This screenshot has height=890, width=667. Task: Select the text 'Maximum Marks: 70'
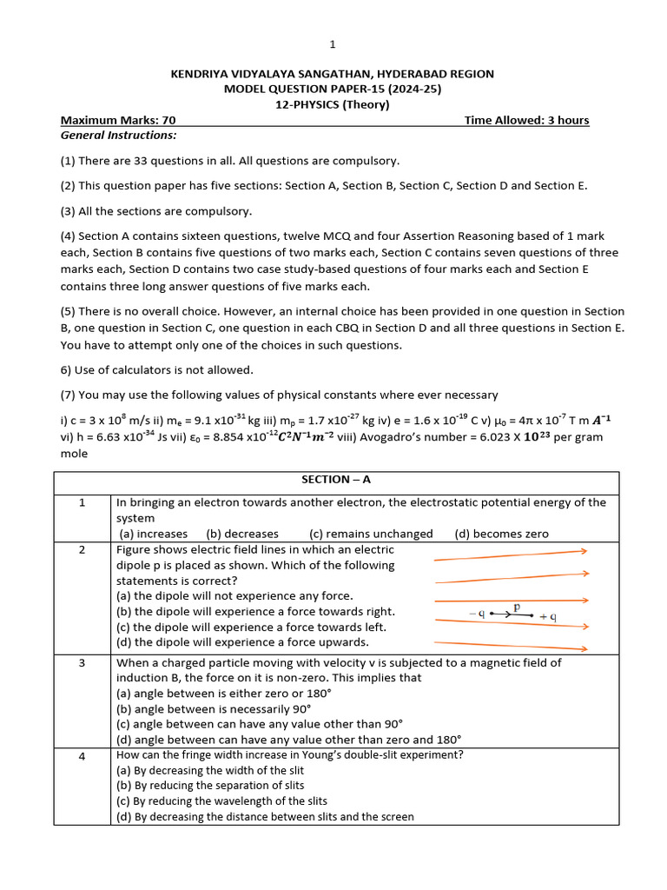pos(118,120)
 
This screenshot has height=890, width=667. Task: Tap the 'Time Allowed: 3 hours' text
pos(526,120)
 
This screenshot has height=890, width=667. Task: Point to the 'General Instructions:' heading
pos(118,136)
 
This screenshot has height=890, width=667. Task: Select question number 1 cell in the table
pos(83,503)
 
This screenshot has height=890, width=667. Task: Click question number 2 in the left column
pos(83,550)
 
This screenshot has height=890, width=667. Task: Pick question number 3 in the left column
pos(83,663)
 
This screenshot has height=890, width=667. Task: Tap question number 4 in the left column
pos(83,756)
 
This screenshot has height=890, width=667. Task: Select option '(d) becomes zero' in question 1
pos(501,534)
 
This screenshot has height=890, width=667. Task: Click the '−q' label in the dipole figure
pos(477,613)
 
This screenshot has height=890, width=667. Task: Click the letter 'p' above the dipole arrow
pos(517,608)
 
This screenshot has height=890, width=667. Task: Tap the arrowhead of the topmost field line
pos(585,550)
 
